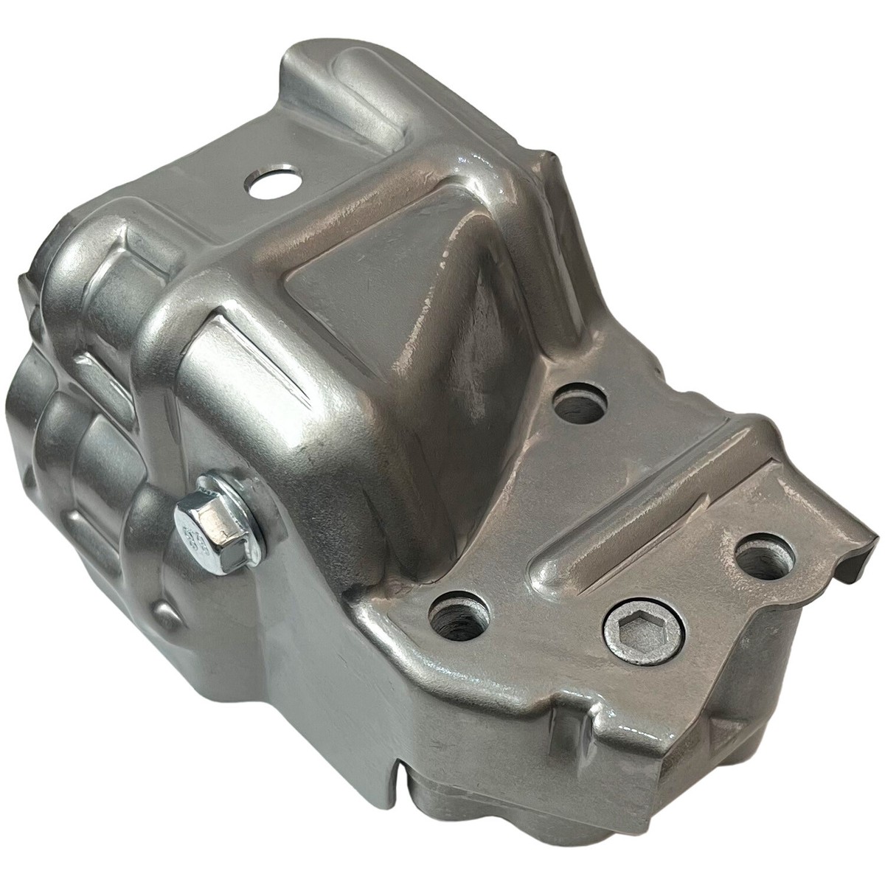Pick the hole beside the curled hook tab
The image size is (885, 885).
point(765,557)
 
